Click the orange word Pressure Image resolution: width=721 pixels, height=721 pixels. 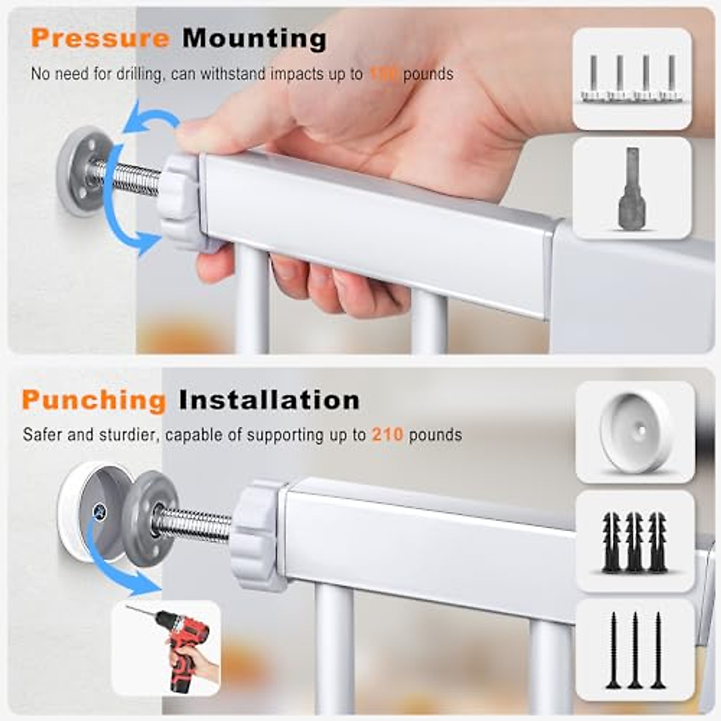point(100,39)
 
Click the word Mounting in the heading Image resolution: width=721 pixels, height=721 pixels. point(255,39)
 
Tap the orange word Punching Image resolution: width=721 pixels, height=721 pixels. point(94,400)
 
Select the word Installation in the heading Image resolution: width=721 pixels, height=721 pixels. point(269,400)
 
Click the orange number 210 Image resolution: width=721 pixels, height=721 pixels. point(387,434)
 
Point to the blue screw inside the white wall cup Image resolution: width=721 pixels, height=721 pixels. point(99,511)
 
